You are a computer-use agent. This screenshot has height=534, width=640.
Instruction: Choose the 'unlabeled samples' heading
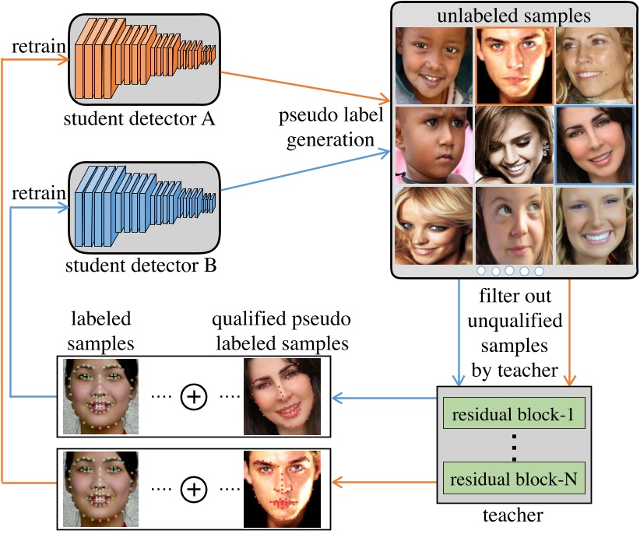515,15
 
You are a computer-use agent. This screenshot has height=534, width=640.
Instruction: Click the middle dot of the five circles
510,271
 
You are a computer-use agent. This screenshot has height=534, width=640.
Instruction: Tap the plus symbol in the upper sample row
193,397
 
